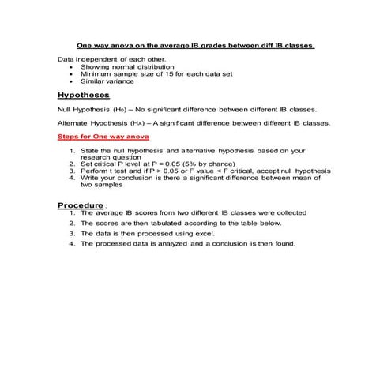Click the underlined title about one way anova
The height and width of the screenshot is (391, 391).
pos(194,45)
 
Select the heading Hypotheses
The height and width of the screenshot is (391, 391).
pos(84,93)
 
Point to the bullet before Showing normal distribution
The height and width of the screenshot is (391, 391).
pos(72,67)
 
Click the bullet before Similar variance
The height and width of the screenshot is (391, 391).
pos(72,81)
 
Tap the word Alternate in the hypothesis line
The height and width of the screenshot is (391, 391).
pos(74,123)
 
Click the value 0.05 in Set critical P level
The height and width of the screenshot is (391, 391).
pos(173,164)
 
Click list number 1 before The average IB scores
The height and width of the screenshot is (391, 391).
pos(72,213)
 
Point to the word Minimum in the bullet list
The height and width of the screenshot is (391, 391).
pos(96,74)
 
